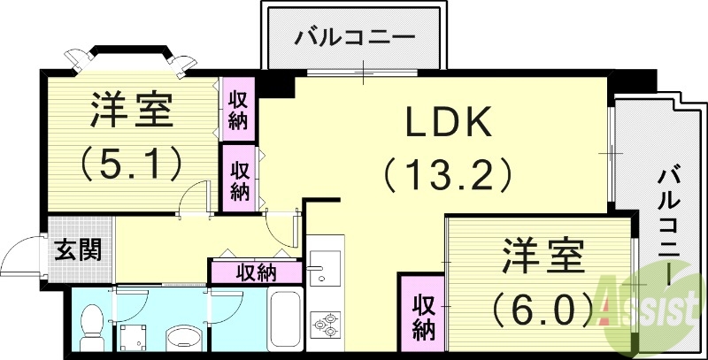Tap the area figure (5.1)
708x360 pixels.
(130, 161)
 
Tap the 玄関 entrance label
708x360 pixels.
(78, 249)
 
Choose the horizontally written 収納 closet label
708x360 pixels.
(257, 272)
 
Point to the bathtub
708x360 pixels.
(286, 320)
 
